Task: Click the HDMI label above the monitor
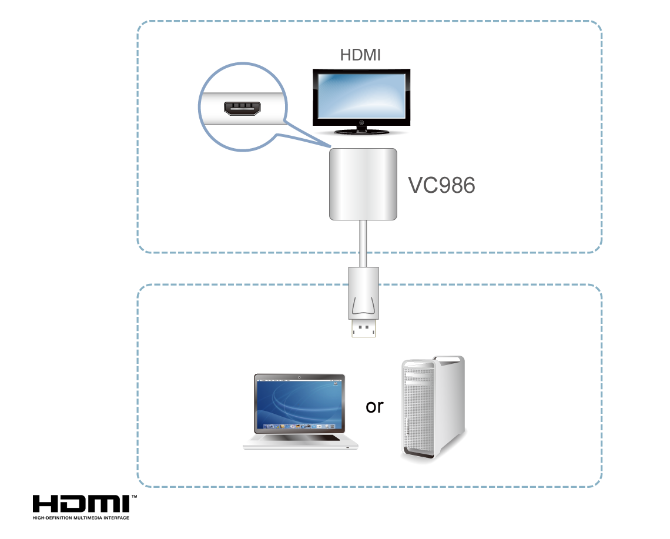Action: (360, 55)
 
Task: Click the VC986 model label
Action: (441, 185)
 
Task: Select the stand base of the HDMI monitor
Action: (360, 132)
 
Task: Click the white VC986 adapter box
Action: (363, 184)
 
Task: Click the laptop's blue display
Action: (299, 404)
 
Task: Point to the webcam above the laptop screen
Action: (299, 377)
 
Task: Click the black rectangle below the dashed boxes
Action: (85, 507)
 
